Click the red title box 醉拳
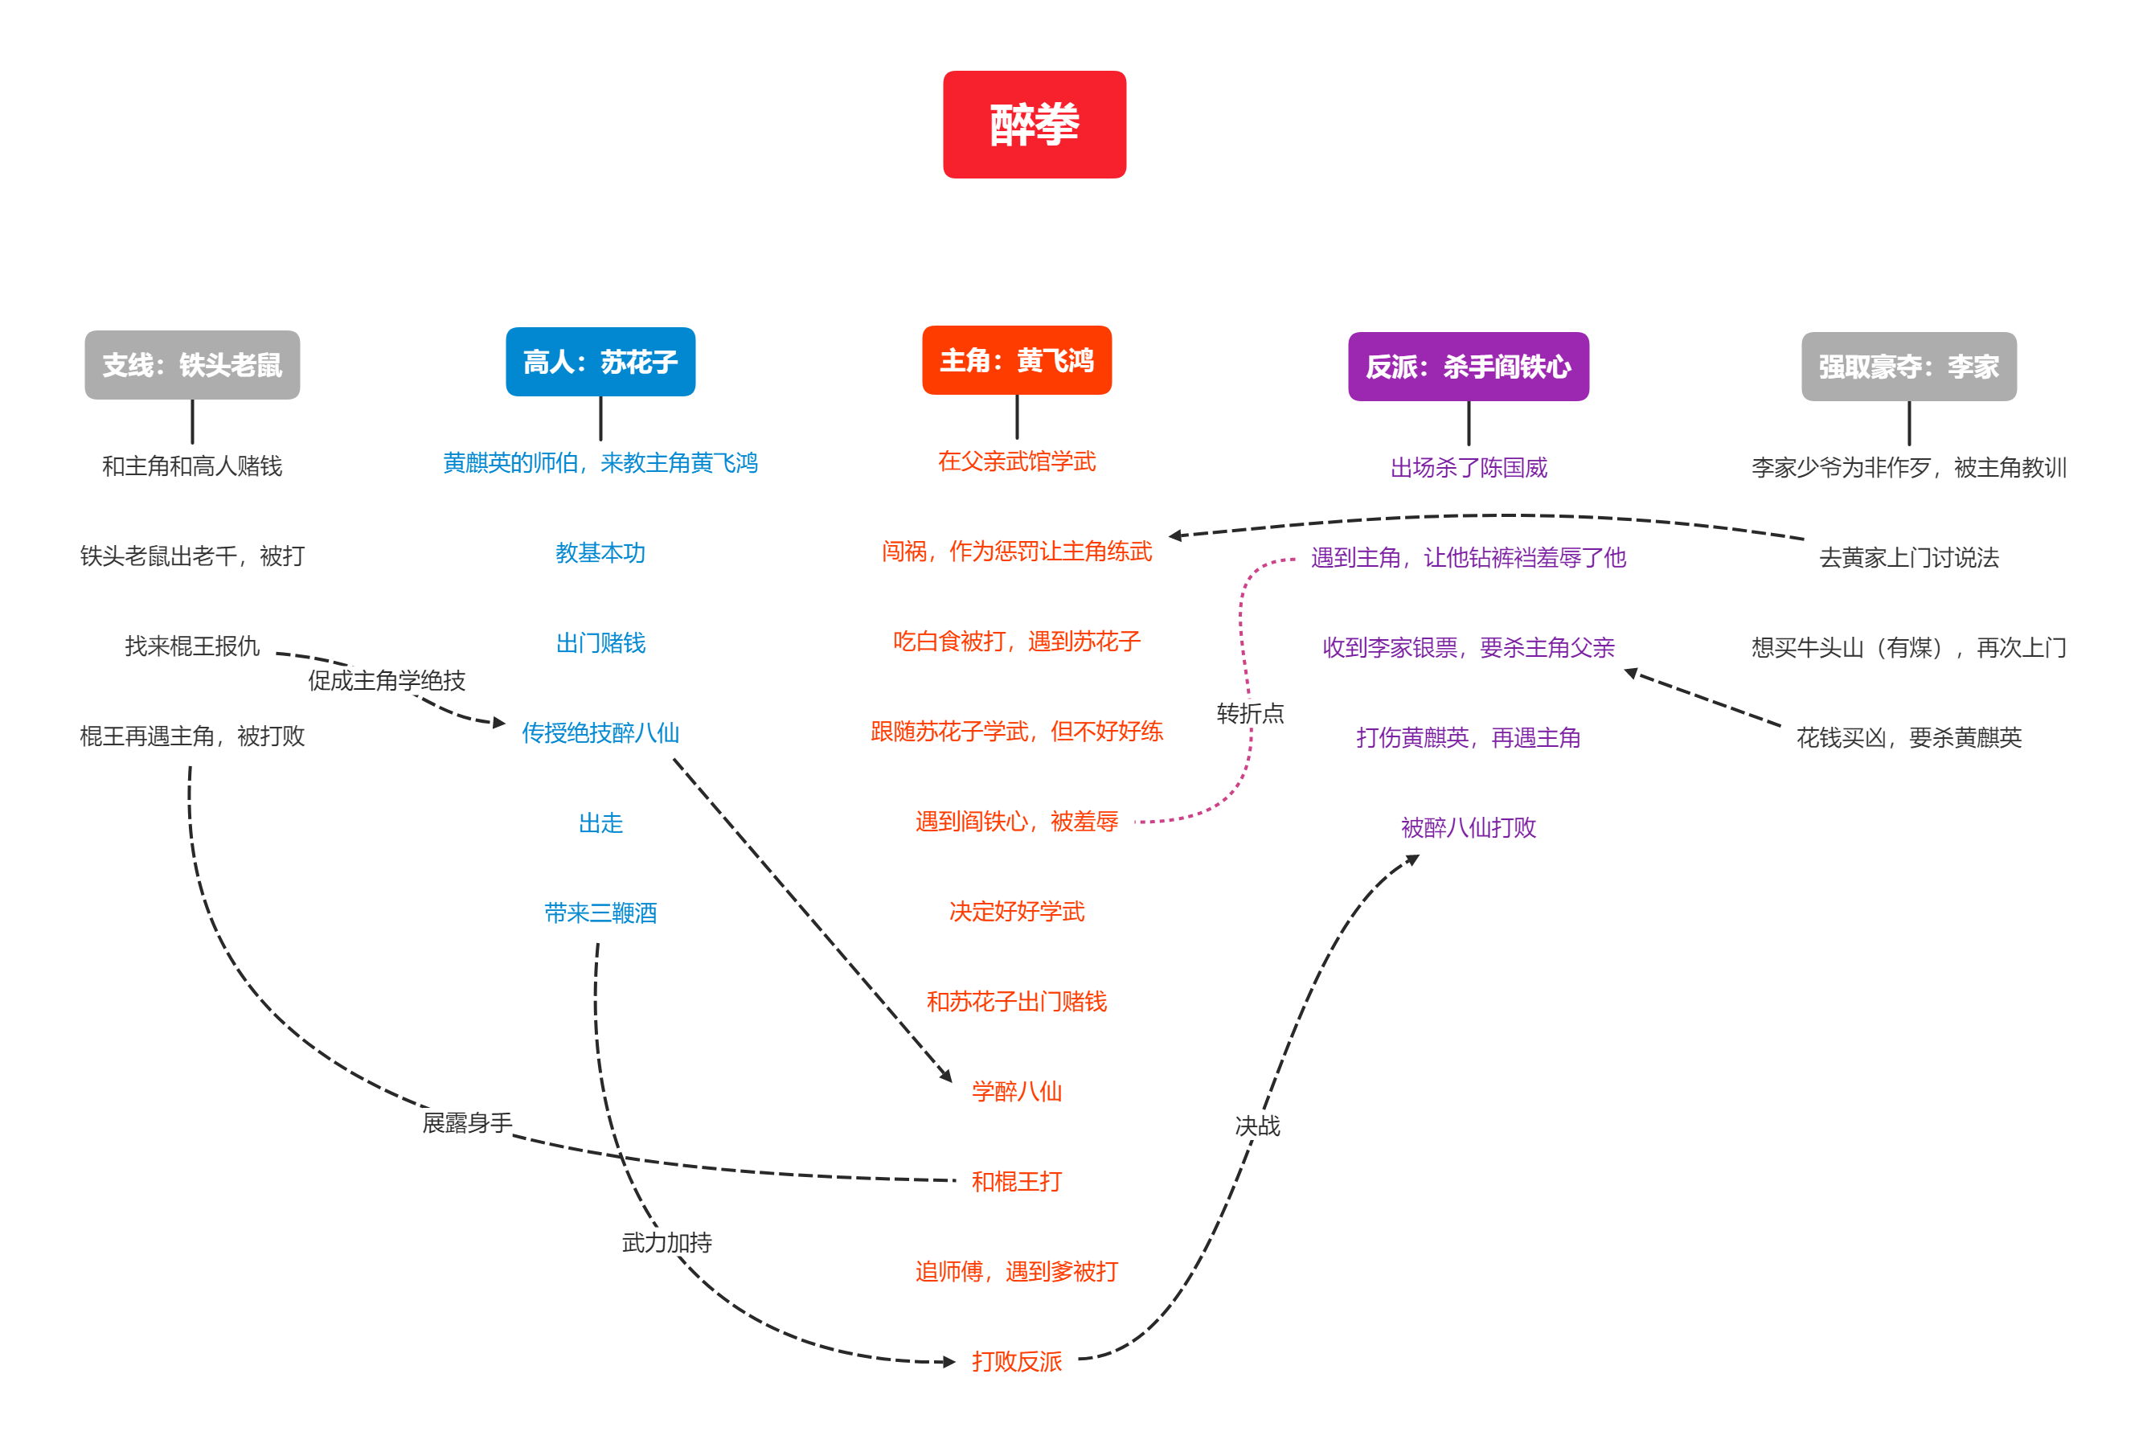click(x=1034, y=125)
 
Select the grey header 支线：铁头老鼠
click(x=192, y=365)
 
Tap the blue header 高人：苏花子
click(x=600, y=361)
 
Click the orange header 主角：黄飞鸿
click(x=1016, y=360)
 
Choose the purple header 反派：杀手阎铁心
click(x=1468, y=367)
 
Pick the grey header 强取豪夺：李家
click(x=1908, y=367)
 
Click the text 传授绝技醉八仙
click(x=600, y=733)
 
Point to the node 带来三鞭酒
click(x=600, y=913)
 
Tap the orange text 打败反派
click(x=1016, y=1362)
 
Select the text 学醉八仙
click(x=1016, y=1092)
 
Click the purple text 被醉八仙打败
click(x=1468, y=828)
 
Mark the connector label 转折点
click(x=1250, y=713)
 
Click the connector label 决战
click(x=1257, y=1126)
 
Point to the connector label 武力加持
click(x=667, y=1243)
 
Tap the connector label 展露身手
click(x=468, y=1123)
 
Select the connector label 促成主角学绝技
click(x=387, y=681)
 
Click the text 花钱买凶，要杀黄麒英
click(x=1908, y=738)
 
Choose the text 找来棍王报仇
click(x=192, y=646)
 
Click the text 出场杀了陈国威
click(x=1468, y=469)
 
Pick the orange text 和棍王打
click(x=1016, y=1182)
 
